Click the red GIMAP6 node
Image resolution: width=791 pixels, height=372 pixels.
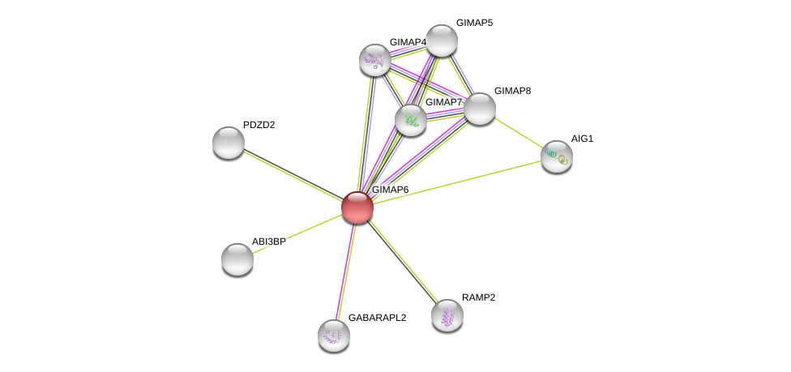coord(357,207)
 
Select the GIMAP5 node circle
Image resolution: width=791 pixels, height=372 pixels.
coord(442,41)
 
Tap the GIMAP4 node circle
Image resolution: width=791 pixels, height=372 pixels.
coord(375,59)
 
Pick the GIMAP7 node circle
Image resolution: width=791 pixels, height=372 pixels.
coord(411,120)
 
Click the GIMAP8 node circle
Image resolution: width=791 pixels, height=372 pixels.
coord(479,109)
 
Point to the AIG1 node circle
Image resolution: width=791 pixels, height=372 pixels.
coord(557,156)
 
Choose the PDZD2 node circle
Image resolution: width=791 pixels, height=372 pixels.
coord(229,143)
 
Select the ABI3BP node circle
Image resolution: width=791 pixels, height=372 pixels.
coord(237,259)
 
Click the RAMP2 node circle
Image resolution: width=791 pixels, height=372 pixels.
coord(447,315)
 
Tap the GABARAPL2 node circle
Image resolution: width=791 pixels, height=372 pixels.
coord(333,335)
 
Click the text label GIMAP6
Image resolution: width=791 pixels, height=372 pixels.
coord(390,190)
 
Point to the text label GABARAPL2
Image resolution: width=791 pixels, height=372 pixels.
coord(377,318)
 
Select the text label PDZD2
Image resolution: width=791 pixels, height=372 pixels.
coord(259,125)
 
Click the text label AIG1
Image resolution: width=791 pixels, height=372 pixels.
coord(582,139)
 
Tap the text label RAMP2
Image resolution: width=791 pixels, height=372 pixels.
coord(478,297)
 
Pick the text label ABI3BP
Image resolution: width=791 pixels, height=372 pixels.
coord(268,242)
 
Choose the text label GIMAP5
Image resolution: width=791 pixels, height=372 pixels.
coord(474,23)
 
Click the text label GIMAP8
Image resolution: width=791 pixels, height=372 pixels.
coord(512,91)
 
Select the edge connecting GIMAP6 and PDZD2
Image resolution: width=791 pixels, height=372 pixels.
coord(292,174)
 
